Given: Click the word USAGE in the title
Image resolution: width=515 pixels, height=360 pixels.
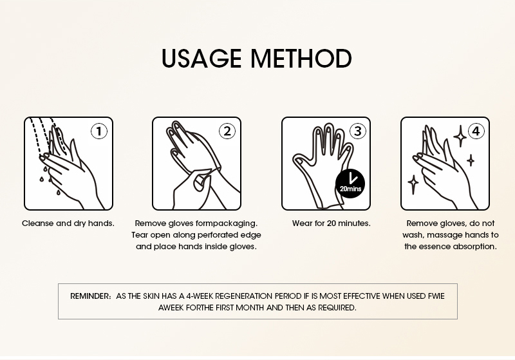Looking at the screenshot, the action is click(201, 59).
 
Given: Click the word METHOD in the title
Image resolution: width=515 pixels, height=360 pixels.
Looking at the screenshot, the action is click(301, 59).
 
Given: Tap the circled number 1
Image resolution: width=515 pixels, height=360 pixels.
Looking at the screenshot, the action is click(99, 131).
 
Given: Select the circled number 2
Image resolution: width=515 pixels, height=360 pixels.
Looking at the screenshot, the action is click(227, 131).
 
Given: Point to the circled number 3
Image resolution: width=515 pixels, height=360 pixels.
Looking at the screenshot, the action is click(358, 131).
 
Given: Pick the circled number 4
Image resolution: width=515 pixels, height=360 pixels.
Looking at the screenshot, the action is click(476, 131).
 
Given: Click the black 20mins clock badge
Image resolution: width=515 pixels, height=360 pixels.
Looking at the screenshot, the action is click(350, 184).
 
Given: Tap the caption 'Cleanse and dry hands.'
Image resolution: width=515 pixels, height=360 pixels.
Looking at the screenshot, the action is click(68, 223).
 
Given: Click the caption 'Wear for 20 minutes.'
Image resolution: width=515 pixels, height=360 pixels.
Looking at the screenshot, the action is click(331, 223).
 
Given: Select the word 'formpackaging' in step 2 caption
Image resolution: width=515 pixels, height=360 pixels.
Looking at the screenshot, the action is click(227, 223).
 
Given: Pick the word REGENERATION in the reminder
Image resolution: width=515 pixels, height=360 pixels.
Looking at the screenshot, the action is click(244, 296).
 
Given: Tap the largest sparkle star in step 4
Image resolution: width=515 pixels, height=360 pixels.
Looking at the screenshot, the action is click(460, 136).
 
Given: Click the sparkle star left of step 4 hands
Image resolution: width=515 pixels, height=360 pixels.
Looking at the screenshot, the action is click(413, 185).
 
